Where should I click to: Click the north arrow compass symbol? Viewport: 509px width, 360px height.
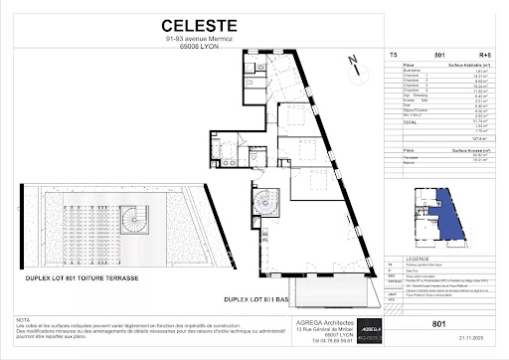point(353,65)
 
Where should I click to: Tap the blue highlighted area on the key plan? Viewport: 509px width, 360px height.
point(451,211)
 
